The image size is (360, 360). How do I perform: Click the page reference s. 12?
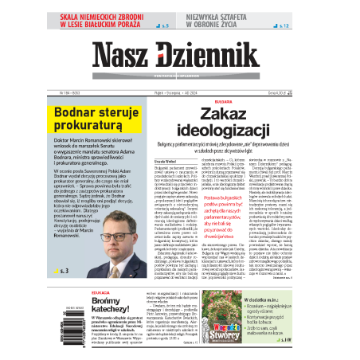(x=284, y=27)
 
